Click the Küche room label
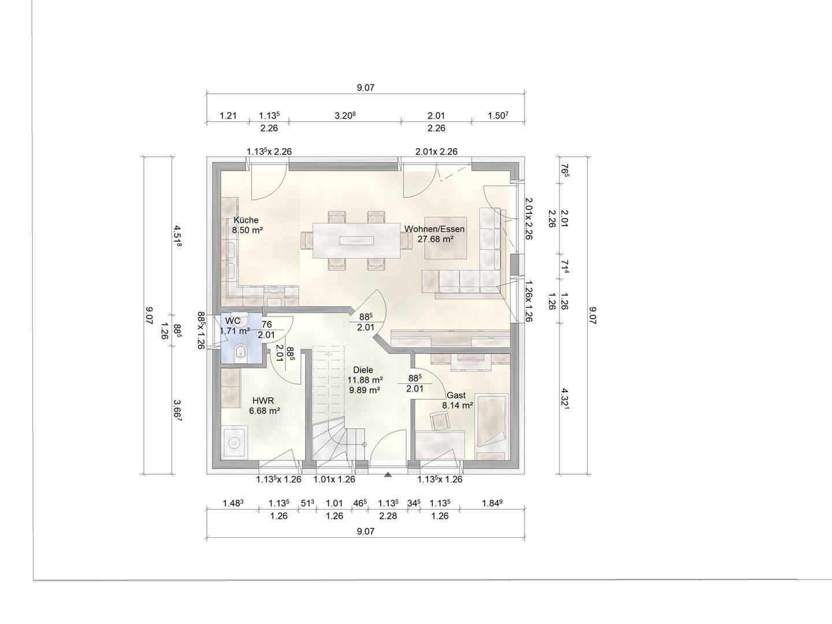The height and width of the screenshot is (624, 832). click(246, 220)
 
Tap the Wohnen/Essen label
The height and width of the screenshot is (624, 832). click(434, 229)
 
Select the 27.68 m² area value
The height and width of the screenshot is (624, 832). click(436, 239)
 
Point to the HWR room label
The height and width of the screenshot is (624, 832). click(263, 401)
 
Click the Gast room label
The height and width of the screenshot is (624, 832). click(456, 395)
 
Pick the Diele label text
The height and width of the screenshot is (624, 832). click(363, 370)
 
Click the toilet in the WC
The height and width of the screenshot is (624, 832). click(240, 353)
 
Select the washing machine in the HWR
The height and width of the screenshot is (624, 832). click(234, 442)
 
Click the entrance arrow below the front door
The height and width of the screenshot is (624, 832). click(387, 474)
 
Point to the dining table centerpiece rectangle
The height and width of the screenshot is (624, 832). click(356, 241)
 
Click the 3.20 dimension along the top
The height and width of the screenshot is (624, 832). click(345, 116)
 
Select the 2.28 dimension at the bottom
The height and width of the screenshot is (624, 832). click(388, 516)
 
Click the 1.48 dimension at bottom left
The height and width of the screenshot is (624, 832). click(233, 503)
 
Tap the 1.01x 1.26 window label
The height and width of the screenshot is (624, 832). click(335, 479)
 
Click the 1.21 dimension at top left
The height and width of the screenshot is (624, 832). click(228, 116)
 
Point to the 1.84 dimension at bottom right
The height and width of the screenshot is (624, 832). click(492, 503)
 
